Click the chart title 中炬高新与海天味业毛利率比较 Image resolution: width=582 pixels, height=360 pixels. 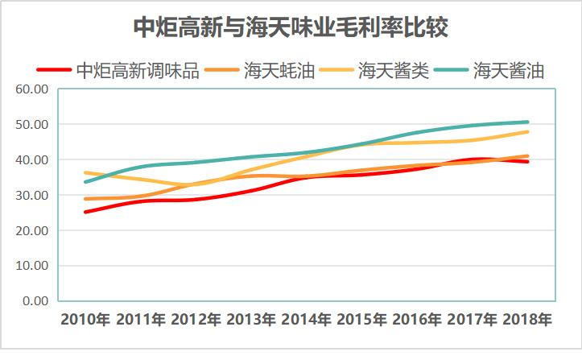pyautogui.click(x=291, y=27)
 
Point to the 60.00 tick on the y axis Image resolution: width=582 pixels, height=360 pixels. pyautogui.click(x=32, y=89)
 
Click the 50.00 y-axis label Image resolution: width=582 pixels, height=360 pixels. pyautogui.click(x=32, y=125)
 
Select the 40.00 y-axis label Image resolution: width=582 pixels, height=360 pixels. pyautogui.click(x=32, y=159)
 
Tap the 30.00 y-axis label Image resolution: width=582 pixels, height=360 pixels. pyautogui.click(x=32, y=195)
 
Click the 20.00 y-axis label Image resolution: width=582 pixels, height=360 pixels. pyautogui.click(x=32, y=230)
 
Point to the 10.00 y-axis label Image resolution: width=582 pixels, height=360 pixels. pyautogui.click(x=32, y=266)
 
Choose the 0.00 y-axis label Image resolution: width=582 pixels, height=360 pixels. pyautogui.click(x=35, y=301)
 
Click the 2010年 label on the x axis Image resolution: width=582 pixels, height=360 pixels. pyautogui.click(x=85, y=321)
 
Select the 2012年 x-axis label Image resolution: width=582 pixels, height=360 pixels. pyautogui.click(x=196, y=321)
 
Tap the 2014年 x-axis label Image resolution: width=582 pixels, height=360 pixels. pyautogui.click(x=307, y=321)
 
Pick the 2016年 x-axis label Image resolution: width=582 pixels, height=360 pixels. pyautogui.click(x=417, y=321)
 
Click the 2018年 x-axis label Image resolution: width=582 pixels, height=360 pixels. pyautogui.click(x=527, y=321)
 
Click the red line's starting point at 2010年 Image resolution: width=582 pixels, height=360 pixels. pyautogui.click(x=85, y=212)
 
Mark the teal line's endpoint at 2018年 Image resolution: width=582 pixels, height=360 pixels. pyautogui.click(x=528, y=122)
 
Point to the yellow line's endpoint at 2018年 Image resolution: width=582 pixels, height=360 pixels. pyautogui.click(x=528, y=132)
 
